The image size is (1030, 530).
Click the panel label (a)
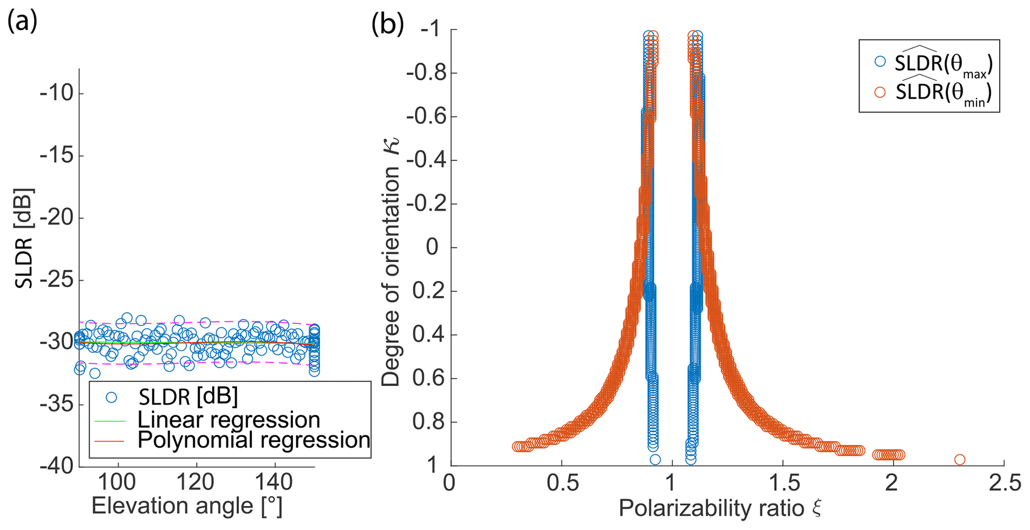click(22, 22)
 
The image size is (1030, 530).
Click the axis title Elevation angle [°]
click(187, 507)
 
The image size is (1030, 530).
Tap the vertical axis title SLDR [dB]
click(24, 238)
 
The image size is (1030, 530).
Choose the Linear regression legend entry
click(228, 420)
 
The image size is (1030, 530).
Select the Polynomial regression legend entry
click(253, 440)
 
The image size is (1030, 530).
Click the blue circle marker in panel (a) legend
click(111, 397)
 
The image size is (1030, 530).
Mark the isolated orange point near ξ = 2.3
click(959, 459)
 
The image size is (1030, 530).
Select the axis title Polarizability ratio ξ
click(720, 509)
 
